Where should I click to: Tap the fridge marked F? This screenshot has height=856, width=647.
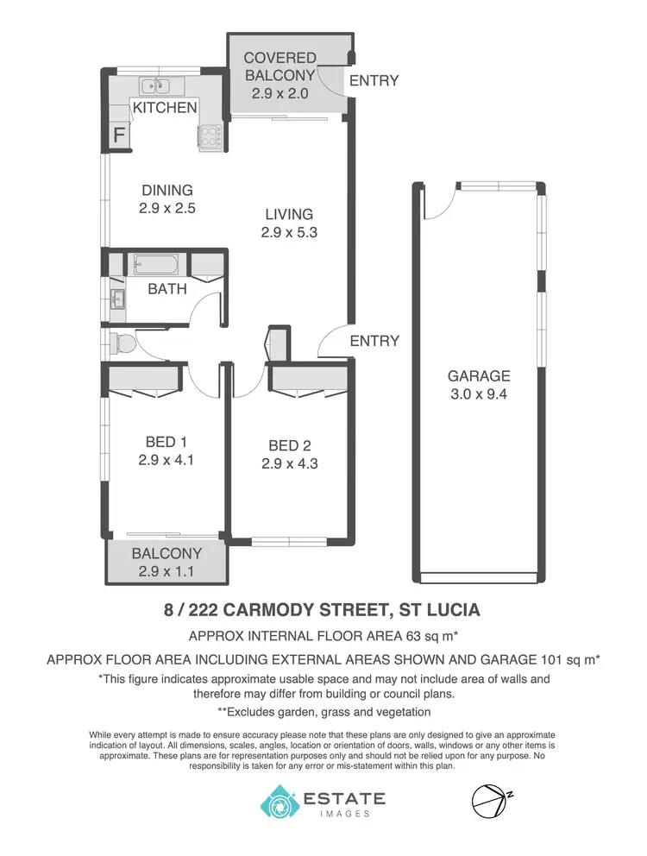[120, 135]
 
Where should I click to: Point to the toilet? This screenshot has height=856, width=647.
[122, 344]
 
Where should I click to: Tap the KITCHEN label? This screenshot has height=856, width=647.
[164, 108]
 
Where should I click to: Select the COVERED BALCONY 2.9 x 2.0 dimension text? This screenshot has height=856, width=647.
[280, 93]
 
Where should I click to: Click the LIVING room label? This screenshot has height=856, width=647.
[289, 214]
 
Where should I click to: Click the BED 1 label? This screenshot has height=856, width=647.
[166, 443]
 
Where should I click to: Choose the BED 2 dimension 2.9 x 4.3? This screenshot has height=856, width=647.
[289, 463]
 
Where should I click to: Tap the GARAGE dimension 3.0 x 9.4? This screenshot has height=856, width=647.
[479, 393]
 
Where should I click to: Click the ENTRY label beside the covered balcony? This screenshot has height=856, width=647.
[374, 81]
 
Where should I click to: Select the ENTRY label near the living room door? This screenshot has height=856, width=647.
[374, 341]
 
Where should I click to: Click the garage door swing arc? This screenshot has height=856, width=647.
[439, 205]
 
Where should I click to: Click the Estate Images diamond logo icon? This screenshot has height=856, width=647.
[280, 802]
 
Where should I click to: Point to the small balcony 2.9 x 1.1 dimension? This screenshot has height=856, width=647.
[166, 570]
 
